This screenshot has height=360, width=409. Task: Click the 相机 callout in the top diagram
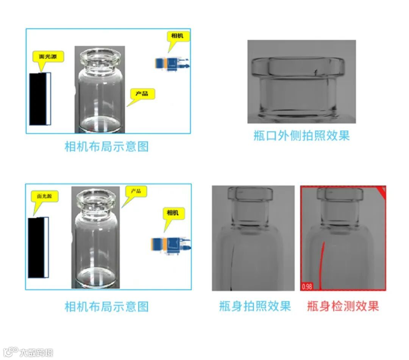coord(178,36)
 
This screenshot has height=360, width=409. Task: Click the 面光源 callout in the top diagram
coord(48,56)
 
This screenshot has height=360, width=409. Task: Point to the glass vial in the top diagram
coord(100,90)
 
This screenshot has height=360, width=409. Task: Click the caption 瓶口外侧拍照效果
coord(301,136)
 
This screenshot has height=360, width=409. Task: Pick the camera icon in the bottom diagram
coord(171,245)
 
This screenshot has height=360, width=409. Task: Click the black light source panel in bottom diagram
coord(38,247)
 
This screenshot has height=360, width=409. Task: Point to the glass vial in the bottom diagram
coord(96,238)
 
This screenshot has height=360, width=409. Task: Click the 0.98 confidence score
coord(307,286)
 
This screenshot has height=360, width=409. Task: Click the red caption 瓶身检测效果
coord(343,306)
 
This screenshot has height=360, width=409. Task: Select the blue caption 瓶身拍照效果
coord(255,306)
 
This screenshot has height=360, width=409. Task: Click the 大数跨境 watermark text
coord(36,353)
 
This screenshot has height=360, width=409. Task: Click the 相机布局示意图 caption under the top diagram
coord(107,146)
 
